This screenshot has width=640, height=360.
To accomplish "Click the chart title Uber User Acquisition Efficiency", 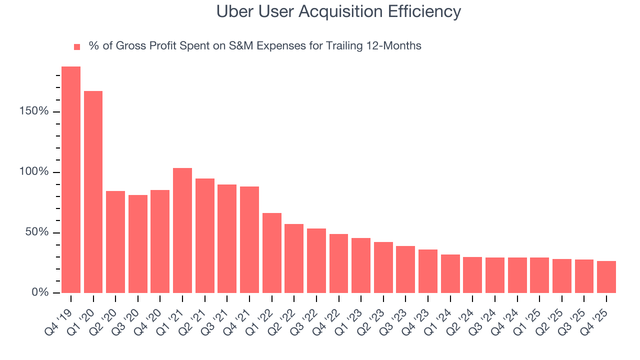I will pos(338,11).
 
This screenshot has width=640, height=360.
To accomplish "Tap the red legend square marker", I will pos(77,46).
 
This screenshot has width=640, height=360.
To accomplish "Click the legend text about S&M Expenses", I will pos(254,46).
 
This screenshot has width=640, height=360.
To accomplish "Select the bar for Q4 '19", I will pos(71,179).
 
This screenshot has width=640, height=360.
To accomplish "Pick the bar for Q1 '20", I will pos(93,192).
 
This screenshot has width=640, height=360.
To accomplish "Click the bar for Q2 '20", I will pos(115,242).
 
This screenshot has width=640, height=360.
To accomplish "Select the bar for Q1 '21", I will pos(182,230).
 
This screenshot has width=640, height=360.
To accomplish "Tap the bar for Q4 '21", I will pos(249,239).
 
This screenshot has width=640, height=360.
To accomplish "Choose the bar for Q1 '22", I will pos(271,253).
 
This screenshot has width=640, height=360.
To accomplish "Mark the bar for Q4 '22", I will pos(338,263).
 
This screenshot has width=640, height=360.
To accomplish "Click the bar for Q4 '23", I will pos(428,271).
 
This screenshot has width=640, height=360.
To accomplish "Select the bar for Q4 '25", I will pos(606,277).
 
